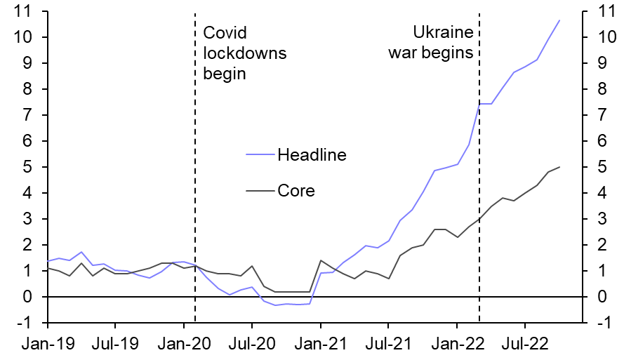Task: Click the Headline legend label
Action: [312, 154]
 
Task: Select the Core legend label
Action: [296, 190]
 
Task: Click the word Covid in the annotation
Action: [225, 33]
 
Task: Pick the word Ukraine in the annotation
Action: [442, 33]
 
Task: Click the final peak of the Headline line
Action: [559, 20]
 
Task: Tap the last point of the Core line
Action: [559, 167]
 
